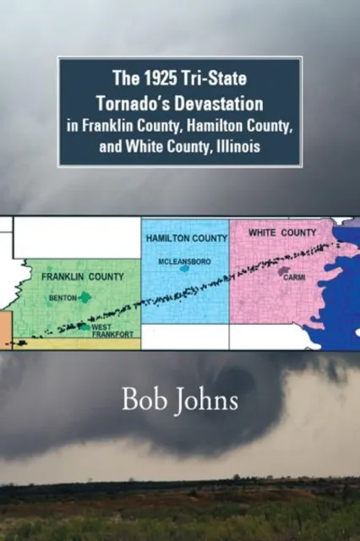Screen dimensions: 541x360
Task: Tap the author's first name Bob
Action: coord(139,400)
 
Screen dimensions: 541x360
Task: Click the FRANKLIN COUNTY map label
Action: coord(83,276)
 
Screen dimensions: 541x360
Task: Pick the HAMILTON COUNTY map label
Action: coord(186,239)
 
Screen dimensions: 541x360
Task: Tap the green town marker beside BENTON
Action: coord(85,298)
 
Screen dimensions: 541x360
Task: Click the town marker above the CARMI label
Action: coord(285,272)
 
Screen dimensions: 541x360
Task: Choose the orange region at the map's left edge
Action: coord(5,330)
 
